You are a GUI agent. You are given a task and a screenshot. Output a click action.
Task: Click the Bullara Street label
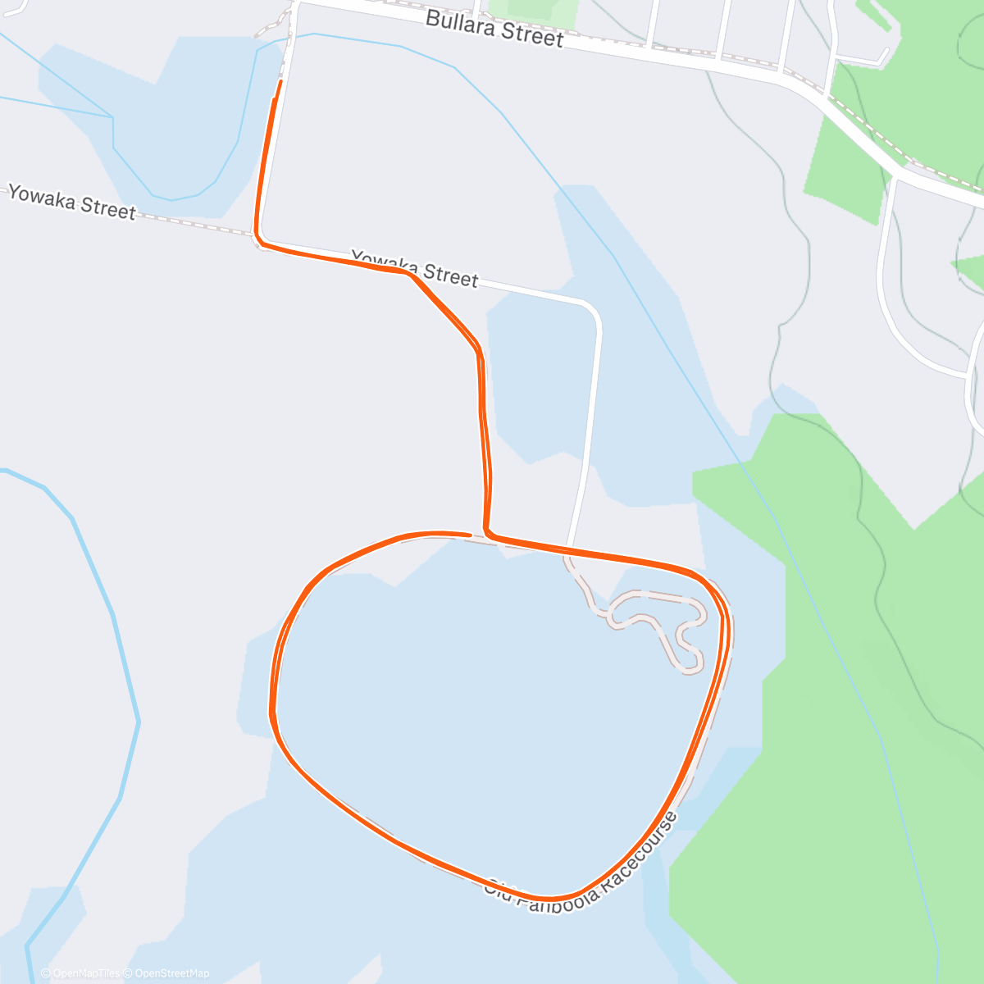pyautogui.click(x=494, y=30)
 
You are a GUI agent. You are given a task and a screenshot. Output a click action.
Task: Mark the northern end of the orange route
pyautogui.click(x=280, y=82)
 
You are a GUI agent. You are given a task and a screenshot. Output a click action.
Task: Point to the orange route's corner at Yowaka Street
pyautogui.click(x=257, y=239)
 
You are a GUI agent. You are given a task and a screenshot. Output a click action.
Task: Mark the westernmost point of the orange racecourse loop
pyautogui.click(x=271, y=712)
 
